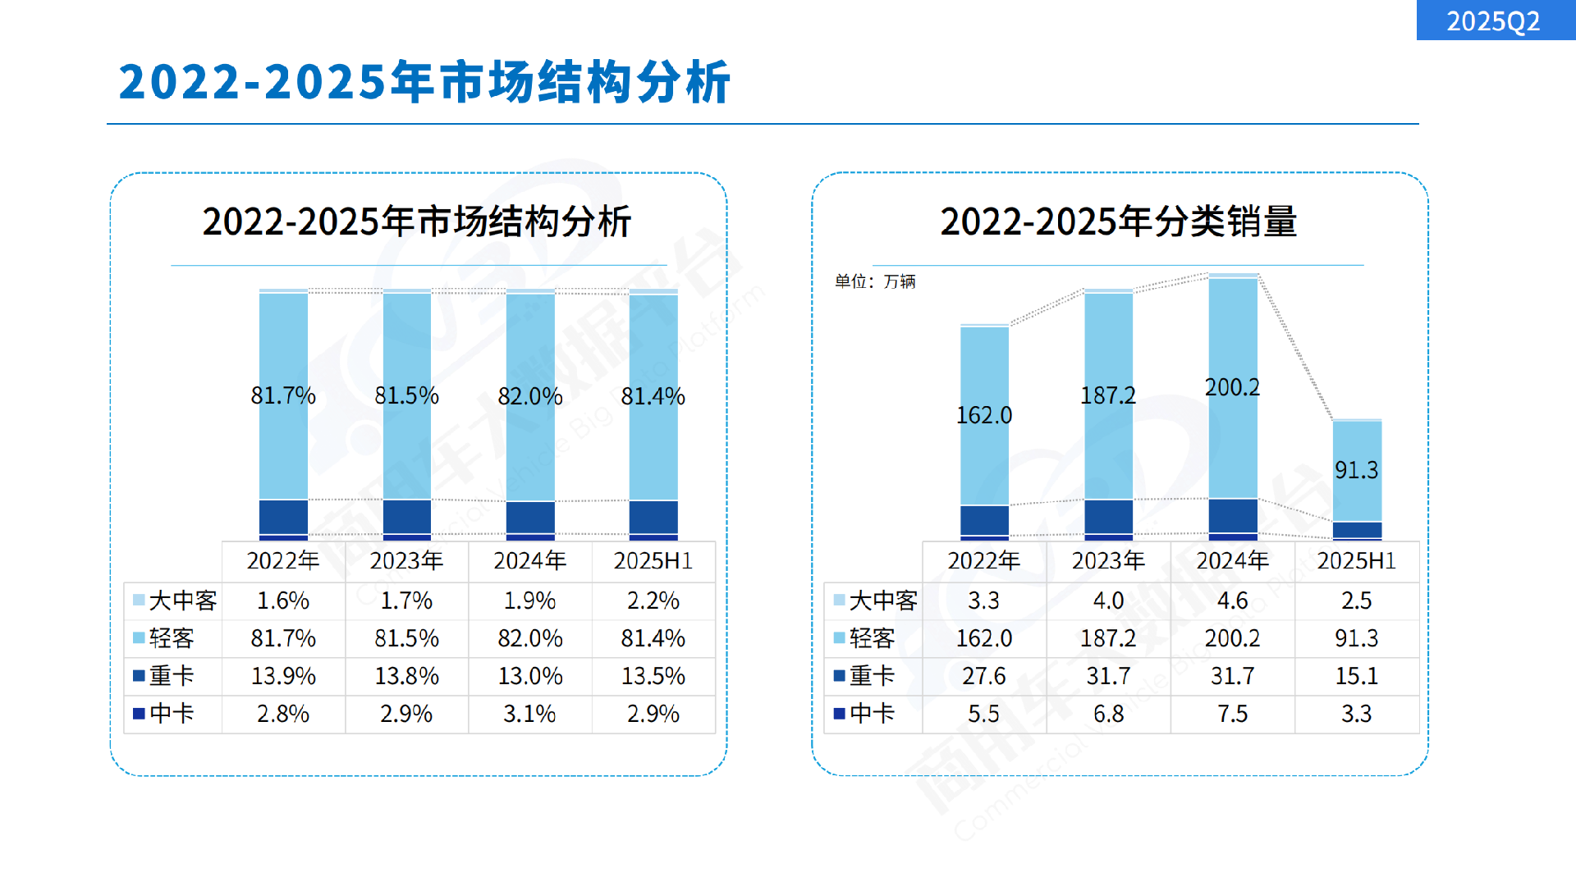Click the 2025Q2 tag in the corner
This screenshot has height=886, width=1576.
tap(1493, 21)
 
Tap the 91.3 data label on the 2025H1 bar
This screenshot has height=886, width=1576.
tap(1356, 470)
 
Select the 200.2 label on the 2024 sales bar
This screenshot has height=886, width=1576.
tap(1231, 387)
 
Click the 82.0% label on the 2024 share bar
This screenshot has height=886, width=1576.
tap(529, 396)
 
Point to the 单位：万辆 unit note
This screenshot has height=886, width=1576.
tap(875, 281)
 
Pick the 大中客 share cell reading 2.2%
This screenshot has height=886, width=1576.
tap(653, 601)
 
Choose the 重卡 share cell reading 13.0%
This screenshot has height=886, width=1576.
tap(529, 676)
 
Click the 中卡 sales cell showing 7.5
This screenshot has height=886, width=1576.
tap(1231, 714)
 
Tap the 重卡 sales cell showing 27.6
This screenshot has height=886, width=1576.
tap(983, 676)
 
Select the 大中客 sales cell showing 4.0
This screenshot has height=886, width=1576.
tap(1108, 601)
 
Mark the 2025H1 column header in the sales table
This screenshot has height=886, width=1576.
tap(1356, 560)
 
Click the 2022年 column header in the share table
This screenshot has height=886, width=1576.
tap(283, 560)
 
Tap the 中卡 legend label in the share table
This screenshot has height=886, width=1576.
tap(172, 714)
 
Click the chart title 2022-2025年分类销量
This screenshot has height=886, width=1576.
tap(1118, 221)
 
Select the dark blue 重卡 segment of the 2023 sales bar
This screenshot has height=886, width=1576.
tap(1108, 517)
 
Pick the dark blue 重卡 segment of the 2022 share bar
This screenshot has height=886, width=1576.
tap(283, 517)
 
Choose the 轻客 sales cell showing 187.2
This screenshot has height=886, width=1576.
tap(1108, 638)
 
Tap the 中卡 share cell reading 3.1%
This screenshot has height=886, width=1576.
tap(529, 714)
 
